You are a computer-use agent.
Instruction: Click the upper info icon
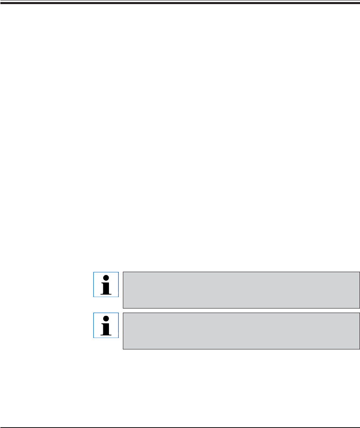[106, 284]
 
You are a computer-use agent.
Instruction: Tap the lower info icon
[106, 325]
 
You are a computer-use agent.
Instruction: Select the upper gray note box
[241, 290]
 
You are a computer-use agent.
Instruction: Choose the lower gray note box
[241, 331]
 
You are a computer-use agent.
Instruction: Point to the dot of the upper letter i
[106, 278]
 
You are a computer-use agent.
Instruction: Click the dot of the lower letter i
[106, 319]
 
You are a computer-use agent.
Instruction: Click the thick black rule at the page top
[180, 2]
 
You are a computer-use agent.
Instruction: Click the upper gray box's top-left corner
[123, 272]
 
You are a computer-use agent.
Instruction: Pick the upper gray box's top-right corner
[359, 272]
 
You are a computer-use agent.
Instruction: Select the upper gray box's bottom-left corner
[123, 308]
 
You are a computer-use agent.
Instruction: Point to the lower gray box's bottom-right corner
[359, 349]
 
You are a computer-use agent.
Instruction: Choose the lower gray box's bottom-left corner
[123, 349]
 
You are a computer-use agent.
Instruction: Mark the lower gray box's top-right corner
[359, 313]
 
